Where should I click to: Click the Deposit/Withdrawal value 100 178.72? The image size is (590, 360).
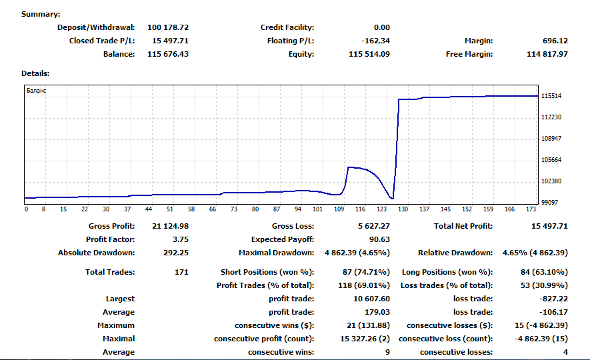pos(167,27)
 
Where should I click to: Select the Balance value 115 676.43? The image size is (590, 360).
pos(167,54)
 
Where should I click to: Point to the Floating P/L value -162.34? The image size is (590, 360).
pos(374,41)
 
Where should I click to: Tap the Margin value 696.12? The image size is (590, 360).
pos(555,41)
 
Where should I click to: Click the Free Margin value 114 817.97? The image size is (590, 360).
pos(547,54)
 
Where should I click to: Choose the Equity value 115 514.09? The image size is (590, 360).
pos(369,54)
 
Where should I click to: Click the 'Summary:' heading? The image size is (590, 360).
pos(40,14)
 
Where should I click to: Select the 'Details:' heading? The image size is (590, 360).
pos(35,73)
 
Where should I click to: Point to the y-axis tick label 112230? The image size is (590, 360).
pos(551,117)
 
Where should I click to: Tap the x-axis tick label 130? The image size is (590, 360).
pos(403,209)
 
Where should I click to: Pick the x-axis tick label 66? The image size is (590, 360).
pos(213,209)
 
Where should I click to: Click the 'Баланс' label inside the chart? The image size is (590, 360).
pos(36,90)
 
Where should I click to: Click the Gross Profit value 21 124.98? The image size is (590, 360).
pos(170,226)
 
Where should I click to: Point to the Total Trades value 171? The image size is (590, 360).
pos(180,272)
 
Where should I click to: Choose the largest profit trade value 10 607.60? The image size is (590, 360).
pos(371,299)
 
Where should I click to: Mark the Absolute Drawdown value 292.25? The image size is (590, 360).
pos(175,253)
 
